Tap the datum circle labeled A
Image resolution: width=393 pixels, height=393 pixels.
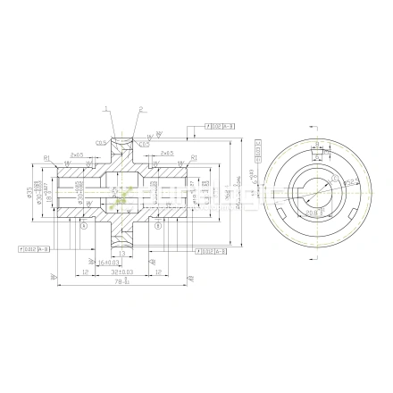point(82,225)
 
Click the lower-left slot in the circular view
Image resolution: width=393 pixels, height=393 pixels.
point(285,217)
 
